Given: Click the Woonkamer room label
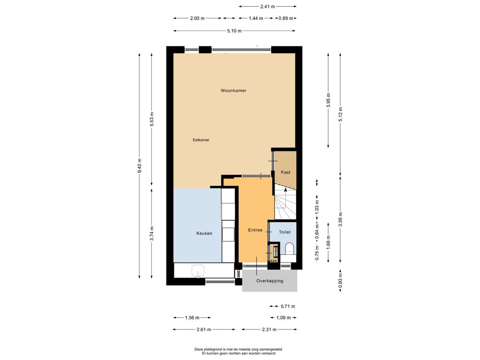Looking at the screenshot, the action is [x=233, y=90].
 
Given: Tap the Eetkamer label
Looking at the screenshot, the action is [x=201, y=140].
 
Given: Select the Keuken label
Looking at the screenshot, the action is [x=204, y=233].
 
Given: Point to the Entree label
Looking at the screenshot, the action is [x=255, y=230].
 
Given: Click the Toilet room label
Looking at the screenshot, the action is [x=285, y=232].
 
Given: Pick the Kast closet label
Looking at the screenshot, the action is [x=285, y=172].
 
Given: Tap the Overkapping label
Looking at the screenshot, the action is [x=270, y=281].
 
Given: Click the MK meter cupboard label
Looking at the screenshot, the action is [x=274, y=261].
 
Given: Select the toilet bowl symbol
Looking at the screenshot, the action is [x=289, y=248].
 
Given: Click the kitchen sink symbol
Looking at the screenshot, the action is [x=198, y=271].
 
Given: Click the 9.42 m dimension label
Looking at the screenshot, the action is [x=140, y=165].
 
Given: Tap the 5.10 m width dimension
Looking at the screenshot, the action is [x=234, y=30].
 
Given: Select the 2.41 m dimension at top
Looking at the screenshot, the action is [x=268, y=7].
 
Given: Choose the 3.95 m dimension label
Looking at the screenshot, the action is [x=329, y=100].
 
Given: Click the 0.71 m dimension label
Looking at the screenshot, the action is [x=288, y=306].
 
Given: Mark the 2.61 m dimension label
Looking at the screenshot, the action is [x=204, y=330].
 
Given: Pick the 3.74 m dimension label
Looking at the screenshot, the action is [x=152, y=233].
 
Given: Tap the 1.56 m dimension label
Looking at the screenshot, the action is [x=192, y=318].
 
